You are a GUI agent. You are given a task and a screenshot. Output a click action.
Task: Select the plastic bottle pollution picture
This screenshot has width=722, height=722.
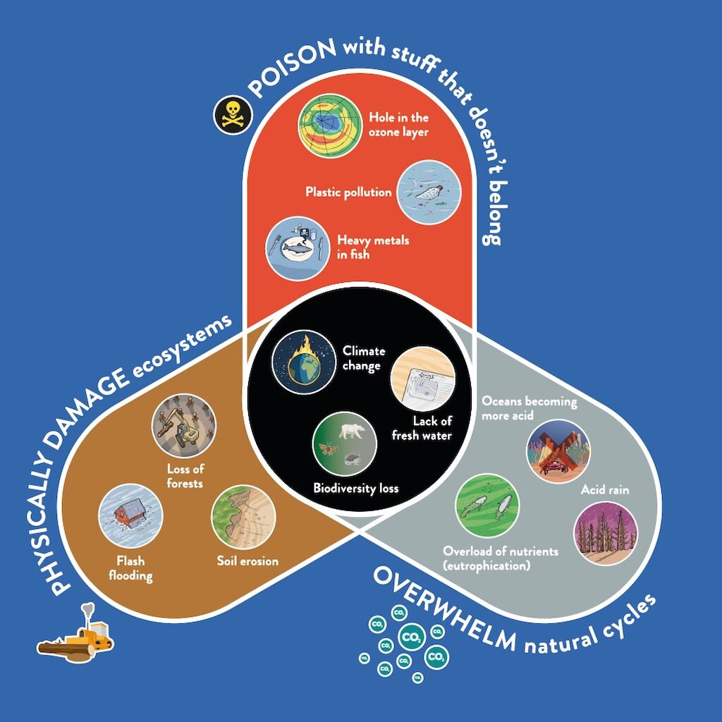tap(429, 192)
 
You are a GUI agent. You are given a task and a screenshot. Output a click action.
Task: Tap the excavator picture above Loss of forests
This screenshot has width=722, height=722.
tap(184, 425)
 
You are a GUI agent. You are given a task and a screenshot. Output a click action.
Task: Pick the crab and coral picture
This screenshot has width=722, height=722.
tap(558, 452)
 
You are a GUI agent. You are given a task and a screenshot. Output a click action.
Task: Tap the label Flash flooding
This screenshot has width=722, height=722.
tap(135, 569)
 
